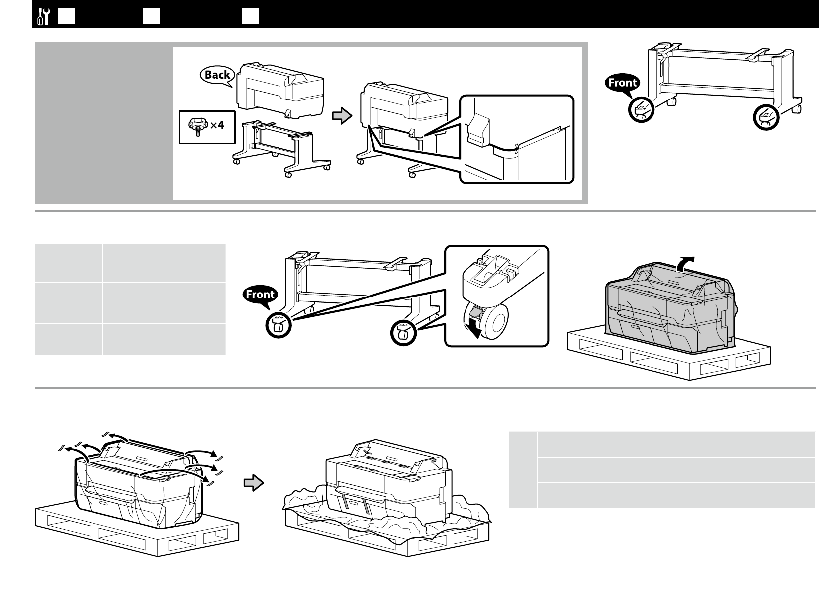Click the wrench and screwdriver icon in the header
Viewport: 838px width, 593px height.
click(x=43, y=17)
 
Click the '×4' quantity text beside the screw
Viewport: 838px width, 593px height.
click(x=217, y=125)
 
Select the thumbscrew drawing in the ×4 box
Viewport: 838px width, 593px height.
click(x=197, y=126)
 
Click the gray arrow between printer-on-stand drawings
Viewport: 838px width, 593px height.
click(x=342, y=115)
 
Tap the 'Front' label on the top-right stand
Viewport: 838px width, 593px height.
click(x=622, y=83)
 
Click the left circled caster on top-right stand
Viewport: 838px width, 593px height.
click(x=641, y=109)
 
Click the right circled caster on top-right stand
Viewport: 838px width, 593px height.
click(x=766, y=117)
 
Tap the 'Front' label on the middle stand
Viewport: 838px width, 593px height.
click(x=260, y=295)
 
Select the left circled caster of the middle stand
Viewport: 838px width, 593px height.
click(x=279, y=325)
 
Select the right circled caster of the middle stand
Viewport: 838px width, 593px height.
click(x=403, y=333)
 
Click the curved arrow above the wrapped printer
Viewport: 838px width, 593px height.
click(x=685, y=263)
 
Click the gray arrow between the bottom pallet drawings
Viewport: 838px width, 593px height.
click(x=254, y=482)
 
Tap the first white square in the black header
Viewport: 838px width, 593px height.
click(x=66, y=17)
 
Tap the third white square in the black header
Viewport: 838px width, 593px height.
click(x=250, y=17)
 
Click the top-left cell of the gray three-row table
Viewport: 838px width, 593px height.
click(x=69, y=263)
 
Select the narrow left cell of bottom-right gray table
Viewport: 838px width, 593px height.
click(x=523, y=470)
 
